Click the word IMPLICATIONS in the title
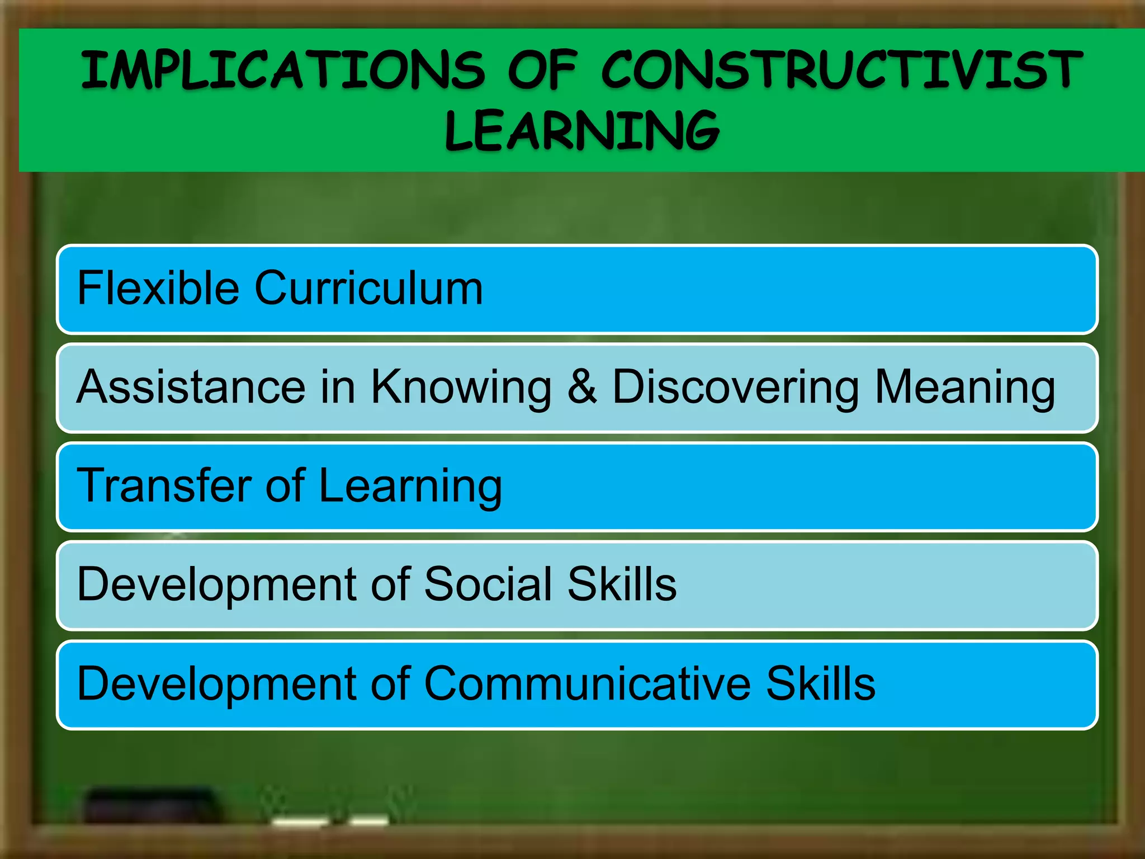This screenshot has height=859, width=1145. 282,70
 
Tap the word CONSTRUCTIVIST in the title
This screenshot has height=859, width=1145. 841,70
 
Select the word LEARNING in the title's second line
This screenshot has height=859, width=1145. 582,131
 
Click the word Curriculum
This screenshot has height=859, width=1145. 368,289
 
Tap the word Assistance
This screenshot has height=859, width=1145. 191,386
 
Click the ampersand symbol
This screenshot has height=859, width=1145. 581,386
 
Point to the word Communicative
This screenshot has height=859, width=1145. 587,683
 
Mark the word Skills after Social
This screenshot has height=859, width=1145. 622,584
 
